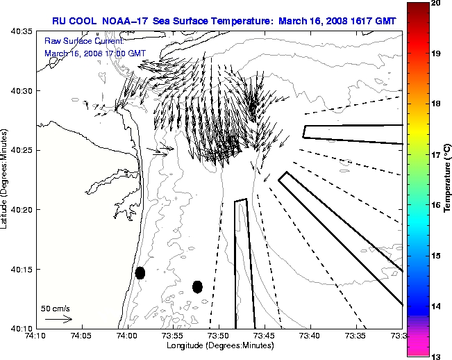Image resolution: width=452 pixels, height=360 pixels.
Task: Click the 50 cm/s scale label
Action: coord(56,308)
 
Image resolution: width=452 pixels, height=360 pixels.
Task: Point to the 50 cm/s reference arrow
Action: coord(58,320)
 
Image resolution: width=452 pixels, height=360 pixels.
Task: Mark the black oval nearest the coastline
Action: coord(140,272)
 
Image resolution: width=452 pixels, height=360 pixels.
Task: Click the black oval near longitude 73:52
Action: coord(197,286)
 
